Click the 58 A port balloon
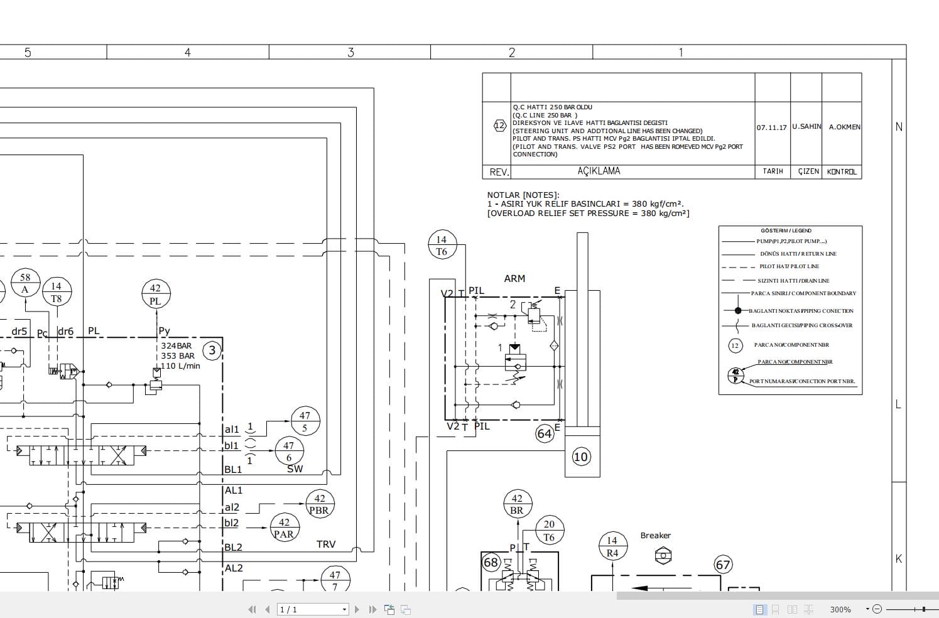point(25,283)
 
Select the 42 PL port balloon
point(155,295)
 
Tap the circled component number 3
point(212,350)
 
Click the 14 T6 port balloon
point(442,246)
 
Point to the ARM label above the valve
point(514,278)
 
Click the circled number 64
point(545,433)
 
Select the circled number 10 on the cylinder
point(581,457)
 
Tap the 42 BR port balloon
point(517,504)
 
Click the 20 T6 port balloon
point(549,531)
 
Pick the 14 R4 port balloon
point(612,546)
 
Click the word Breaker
point(655,535)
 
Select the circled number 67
point(724,565)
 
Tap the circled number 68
point(491,562)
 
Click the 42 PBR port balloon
point(319,504)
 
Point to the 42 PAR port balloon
point(284,528)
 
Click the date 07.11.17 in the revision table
point(771,127)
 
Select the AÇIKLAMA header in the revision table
point(599,171)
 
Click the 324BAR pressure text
point(176,345)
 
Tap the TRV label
point(326,544)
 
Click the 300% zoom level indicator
point(840,609)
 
